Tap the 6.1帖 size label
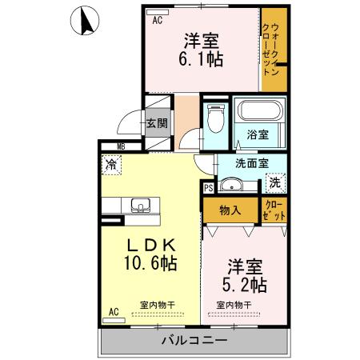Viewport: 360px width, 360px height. click(202, 59)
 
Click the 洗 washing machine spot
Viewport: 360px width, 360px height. click(275, 182)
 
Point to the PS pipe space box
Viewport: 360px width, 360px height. click(208, 188)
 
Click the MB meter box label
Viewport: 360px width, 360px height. click(121, 146)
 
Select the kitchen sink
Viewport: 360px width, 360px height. click(141, 204)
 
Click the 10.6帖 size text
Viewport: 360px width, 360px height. click(149, 262)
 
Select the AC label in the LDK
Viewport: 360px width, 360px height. click(114, 311)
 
